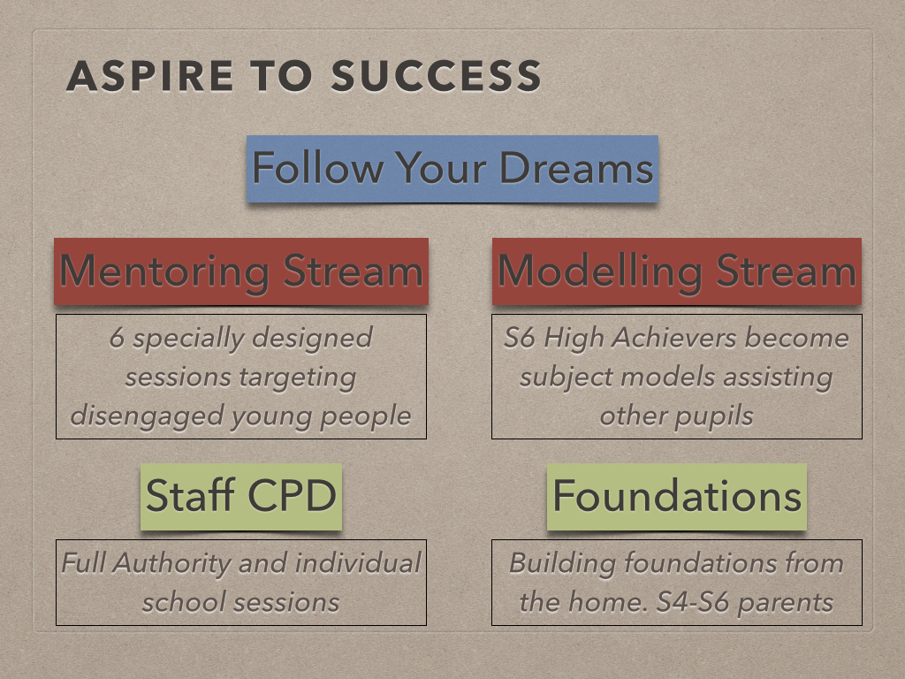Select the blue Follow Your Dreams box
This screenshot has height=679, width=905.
[452, 168]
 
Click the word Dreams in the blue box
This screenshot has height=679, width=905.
[575, 168]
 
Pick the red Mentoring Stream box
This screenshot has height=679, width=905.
[241, 271]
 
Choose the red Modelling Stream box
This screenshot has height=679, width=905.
[677, 271]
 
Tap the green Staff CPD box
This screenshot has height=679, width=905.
[241, 496]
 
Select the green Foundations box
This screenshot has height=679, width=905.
[677, 496]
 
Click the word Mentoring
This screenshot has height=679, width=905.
[164, 271]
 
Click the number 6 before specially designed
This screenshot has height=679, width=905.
[117, 338]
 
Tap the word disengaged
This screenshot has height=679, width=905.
[146, 416]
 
